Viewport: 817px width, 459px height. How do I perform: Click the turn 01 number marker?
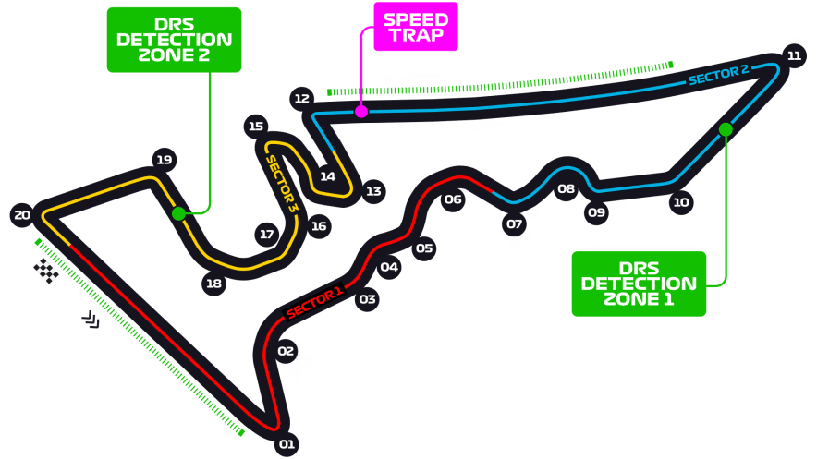pos(287,444)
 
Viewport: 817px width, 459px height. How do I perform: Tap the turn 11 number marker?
pos(794,55)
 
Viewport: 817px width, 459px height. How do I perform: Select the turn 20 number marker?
pos(22,215)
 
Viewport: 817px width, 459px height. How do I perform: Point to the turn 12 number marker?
pos(300,98)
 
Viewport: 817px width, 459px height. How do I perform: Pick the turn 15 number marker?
pos(256,127)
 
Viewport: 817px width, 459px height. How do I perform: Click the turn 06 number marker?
pos(452,199)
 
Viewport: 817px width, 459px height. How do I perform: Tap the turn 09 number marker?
pos(596,212)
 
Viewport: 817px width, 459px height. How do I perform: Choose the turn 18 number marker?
pos(213,284)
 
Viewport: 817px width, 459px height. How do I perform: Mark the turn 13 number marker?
pos(372,191)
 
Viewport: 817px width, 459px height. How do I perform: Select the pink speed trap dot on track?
pos(361,112)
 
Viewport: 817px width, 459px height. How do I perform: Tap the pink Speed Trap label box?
pos(415,27)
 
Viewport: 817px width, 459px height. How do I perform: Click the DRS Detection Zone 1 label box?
pos(639,284)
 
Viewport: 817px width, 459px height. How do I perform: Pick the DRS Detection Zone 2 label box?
pos(174,40)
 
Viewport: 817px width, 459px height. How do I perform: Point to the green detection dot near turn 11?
pos(726,129)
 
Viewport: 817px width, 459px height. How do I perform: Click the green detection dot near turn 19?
pos(178,213)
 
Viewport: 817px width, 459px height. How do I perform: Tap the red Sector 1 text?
pos(314,302)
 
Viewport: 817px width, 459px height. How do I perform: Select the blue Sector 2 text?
pos(718,75)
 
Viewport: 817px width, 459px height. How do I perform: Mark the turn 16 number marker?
pos(319,225)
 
